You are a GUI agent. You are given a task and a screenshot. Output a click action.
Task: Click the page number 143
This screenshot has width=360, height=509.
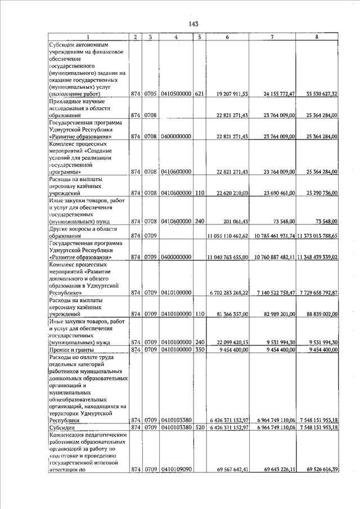[193, 24]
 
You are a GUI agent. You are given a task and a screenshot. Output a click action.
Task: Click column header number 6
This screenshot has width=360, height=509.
[227, 37]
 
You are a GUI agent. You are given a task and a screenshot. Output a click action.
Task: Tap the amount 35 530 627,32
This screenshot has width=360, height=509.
[319, 94]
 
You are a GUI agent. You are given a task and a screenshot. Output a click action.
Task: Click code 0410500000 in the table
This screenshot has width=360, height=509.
[177, 94]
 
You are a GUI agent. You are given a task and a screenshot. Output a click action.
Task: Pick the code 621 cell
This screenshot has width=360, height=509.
[199, 94]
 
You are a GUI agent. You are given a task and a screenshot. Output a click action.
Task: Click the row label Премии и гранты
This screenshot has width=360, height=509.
[67, 349]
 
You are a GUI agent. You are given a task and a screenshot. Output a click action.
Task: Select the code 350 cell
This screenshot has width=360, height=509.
[199, 349]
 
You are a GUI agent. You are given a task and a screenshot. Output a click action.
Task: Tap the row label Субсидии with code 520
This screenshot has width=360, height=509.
[61, 427]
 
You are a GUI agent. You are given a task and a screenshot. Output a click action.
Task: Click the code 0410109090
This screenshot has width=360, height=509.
[177, 470]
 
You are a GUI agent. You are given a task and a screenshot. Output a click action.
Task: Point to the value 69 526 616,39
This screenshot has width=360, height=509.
[319, 470]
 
